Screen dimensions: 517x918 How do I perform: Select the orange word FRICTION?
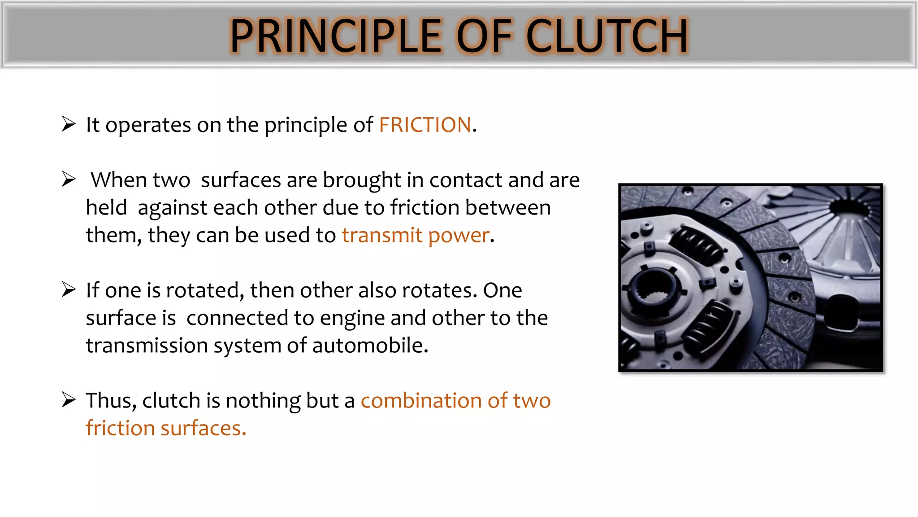[425, 125]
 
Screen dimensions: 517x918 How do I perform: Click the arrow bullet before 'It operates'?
[69, 124]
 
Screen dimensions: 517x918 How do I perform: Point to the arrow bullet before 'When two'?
[69, 179]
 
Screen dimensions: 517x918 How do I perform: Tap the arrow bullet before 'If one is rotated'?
[69, 289]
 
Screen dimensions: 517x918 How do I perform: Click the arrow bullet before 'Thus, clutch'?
[69, 399]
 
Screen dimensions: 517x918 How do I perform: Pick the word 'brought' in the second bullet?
[362, 180]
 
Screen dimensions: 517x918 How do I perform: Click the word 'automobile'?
[370, 346]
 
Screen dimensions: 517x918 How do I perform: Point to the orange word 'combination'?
[421, 400]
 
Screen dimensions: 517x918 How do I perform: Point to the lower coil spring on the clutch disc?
[708, 328]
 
